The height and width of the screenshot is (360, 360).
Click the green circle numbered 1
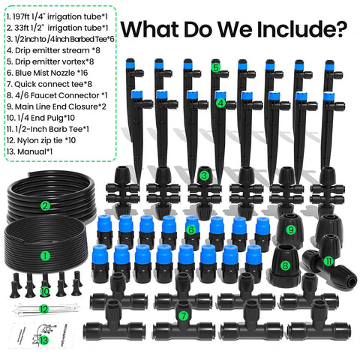[45, 256]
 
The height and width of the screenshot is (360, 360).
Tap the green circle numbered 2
[45, 205]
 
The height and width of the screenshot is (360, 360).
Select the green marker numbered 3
[204, 175]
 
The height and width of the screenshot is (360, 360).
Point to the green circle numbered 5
[215, 67]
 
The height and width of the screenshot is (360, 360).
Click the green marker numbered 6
[191, 229]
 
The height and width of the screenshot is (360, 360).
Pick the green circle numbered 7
[184, 316]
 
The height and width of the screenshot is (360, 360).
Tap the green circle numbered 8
[285, 265]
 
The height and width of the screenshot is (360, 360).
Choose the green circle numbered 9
[291, 229]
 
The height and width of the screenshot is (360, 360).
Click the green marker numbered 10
[45, 292]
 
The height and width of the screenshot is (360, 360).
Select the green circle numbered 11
[328, 262]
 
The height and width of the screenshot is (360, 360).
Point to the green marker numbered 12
[43, 309]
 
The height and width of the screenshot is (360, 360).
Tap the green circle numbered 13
[43, 340]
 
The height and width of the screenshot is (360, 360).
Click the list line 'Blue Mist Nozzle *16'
[47, 73]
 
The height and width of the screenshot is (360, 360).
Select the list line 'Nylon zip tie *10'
[41, 140]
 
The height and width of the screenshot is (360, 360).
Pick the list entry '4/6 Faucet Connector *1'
[57, 95]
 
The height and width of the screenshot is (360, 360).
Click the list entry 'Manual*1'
[29, 151]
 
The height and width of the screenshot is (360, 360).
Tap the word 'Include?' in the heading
[301, 29]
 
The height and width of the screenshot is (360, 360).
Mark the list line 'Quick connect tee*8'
[49, 84]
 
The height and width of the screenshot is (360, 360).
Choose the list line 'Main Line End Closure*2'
[56, 106]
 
